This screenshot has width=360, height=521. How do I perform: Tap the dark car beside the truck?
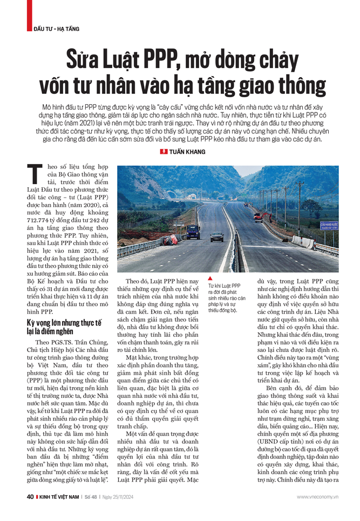[217, 236]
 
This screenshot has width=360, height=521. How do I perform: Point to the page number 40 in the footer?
[31, 496]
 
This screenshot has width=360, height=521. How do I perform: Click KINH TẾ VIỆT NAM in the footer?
[62, 497]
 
